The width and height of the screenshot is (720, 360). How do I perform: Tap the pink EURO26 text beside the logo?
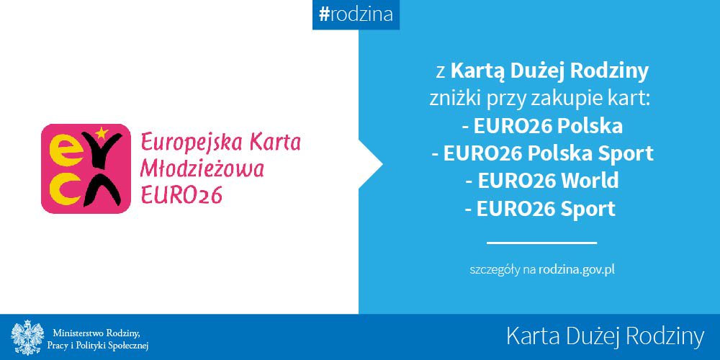point(181,194)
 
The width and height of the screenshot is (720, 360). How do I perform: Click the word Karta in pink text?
point(274,142)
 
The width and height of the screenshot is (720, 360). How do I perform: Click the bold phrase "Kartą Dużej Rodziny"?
point(549,71)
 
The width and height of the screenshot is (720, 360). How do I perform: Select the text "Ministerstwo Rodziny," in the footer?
point(96,332)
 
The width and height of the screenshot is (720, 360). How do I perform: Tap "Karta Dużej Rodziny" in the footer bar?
point(604,336)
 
